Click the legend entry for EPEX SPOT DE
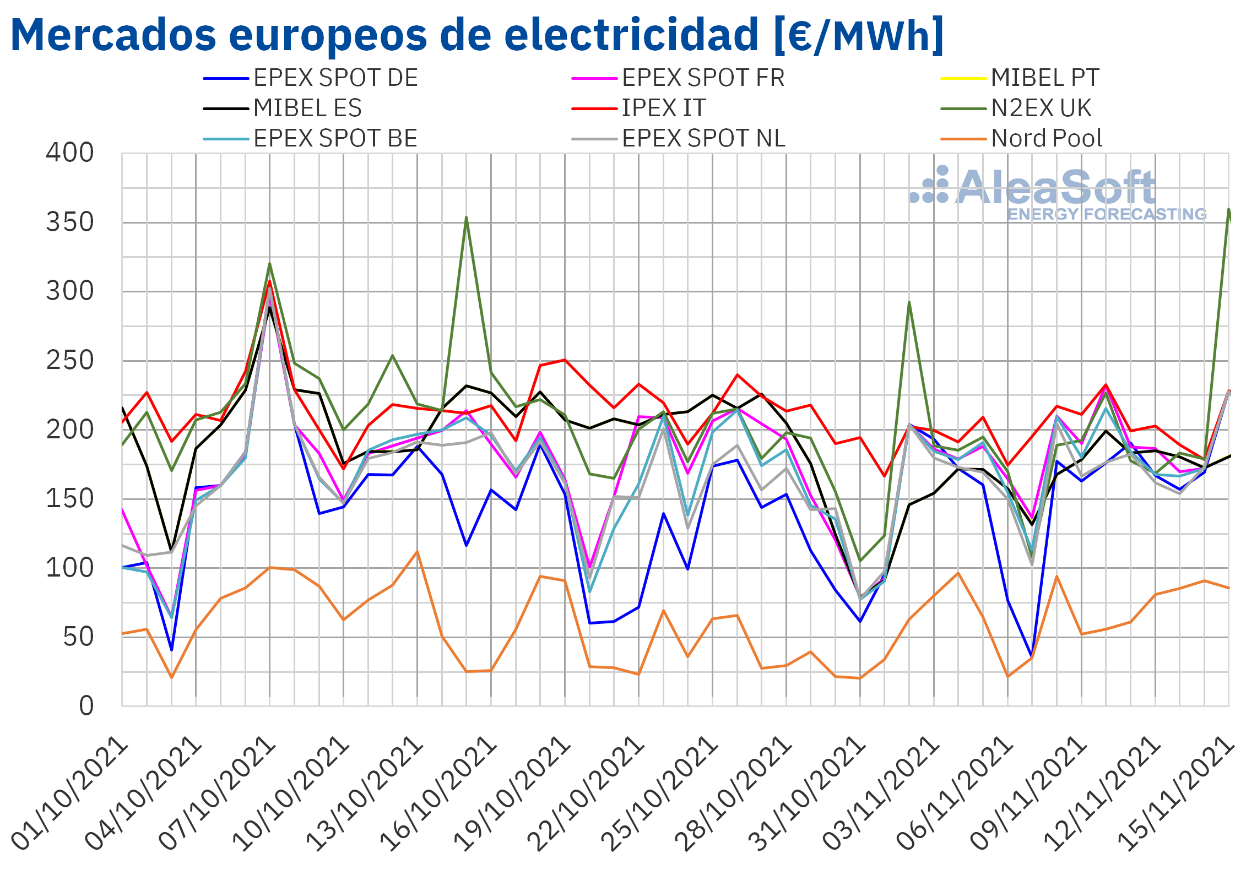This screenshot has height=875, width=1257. point(310,78)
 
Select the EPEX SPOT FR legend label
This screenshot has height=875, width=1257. point(678,78)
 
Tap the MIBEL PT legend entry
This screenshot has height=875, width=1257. point(1020,78)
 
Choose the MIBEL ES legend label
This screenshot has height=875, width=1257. point(282,108)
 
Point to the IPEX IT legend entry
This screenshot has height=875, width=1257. point(638,108)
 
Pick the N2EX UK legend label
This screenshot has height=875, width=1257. point(1016,108)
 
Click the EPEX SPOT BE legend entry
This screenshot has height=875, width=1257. point(310,138)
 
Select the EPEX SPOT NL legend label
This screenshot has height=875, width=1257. point(679,138)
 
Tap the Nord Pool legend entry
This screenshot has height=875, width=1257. point(1022,138)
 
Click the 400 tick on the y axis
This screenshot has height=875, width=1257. point(70,153)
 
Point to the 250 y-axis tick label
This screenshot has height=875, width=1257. point(70,361)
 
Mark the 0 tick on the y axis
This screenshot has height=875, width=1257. point(86,706)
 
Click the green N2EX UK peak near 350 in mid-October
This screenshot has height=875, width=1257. point(466,218)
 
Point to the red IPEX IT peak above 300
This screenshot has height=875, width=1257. point(269,281)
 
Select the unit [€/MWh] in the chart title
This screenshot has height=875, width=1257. point(859,35)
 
